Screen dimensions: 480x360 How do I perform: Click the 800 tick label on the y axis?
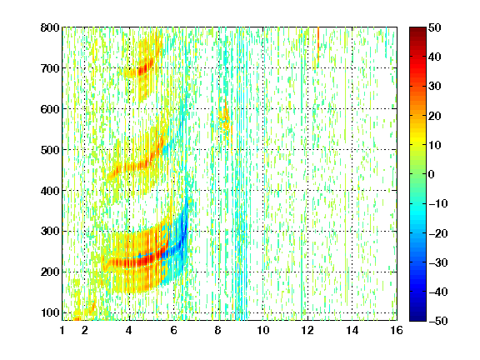(x=50, y=27)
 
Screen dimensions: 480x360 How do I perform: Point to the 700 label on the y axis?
(x=50, y=68)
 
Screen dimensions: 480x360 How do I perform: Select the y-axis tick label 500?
(x=50, y=150)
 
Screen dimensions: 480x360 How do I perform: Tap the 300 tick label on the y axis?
(x=50, y=231)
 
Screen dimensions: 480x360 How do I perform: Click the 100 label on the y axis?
(x=50, y=312)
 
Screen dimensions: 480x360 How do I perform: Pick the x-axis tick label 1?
(x=62, y=330)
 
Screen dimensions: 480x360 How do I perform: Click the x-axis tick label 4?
(x=129, y=330)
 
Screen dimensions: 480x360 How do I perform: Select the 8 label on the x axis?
(x=217, y=330)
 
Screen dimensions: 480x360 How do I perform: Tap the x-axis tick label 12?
(x=307, y=330)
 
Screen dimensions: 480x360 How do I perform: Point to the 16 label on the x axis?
(x=397, y=330)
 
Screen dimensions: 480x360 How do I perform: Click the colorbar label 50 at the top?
(x=435, y=27)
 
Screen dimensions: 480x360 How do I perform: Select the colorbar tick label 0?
(x=432, y=174)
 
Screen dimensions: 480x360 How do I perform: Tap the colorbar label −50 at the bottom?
(x=438, y=321)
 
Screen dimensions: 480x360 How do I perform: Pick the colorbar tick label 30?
(x=435, y=87)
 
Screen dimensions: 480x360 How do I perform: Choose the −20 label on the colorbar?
(x=438, y=233)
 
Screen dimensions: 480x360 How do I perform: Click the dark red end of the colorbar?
(x=417, y=30)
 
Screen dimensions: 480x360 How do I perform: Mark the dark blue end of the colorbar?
(x=417, y=317)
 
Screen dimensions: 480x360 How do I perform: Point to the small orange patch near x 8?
(x=226, y=120)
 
